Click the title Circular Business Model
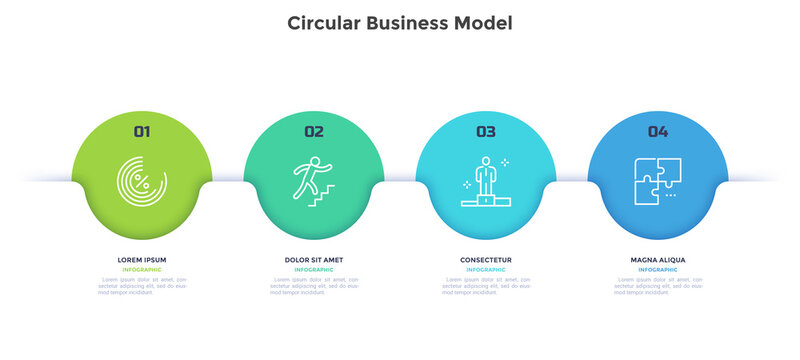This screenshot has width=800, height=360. (x=400, y=23)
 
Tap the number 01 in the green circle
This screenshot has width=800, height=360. (x=142, y=131)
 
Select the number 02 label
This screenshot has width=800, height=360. (x=314, y=131)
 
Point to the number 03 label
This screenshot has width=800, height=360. (x=485, y=131)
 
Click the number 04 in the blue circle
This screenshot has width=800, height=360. (x=657, y=131)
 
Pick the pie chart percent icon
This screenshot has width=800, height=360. (x=142, y=182)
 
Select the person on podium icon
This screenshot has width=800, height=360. (x=485, y=181)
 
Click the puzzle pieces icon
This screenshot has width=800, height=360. (x=657, y=181)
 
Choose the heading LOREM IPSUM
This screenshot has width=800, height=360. (x=142, y=260)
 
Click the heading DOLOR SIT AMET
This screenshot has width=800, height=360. (x=314, y=260)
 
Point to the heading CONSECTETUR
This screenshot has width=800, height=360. (x=485, y=260)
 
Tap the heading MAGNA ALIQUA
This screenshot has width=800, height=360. (x=657, y=260)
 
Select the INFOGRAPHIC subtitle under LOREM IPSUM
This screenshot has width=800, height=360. (x=142, y=270)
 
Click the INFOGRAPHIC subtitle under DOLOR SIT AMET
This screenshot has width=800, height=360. (x=314, y=270)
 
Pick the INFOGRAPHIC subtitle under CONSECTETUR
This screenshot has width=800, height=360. (x=485, y=270)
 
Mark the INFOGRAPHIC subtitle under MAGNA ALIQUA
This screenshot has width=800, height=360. (x=657, y=270)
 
